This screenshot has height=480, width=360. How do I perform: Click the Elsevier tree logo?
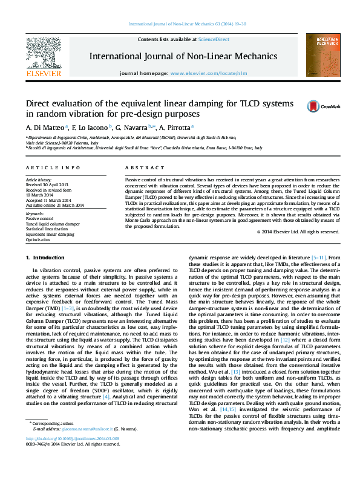(43, 53)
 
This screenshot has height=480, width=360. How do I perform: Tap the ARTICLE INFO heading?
(53, 167)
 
